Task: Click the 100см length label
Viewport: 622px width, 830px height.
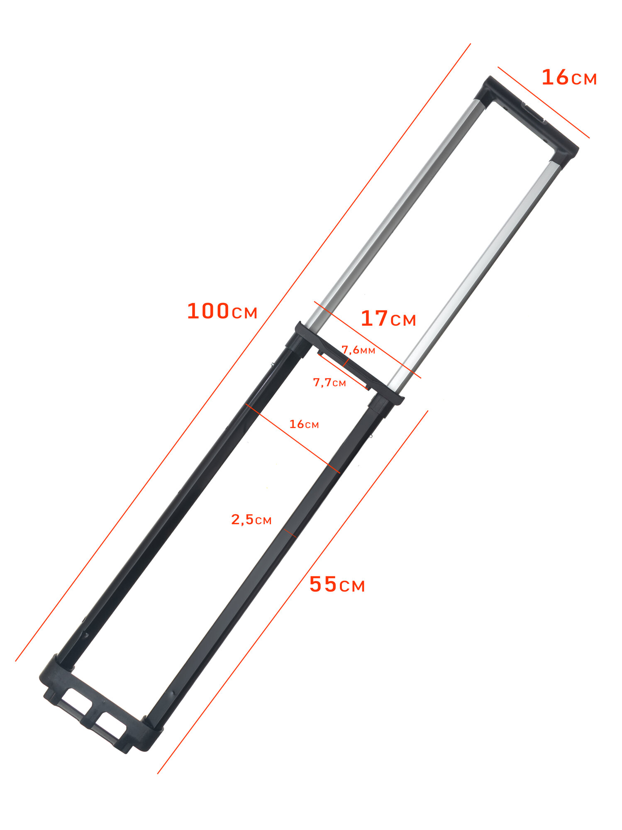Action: [x=222, y=311]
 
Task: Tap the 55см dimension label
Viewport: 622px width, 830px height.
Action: [x=337, y=584]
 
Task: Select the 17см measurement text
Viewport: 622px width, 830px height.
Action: [x=388, y=318]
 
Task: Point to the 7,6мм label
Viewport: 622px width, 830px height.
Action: [x=358, y=350]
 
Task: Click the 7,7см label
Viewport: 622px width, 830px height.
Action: [x=329, y=382]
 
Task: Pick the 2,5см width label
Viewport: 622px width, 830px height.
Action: [x=251, y=519]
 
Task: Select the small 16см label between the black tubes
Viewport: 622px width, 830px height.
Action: [x=304, y=424]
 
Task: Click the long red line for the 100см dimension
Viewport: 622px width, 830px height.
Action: [x=243, y=352]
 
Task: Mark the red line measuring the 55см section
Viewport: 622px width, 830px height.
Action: [x=293, y=592]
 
